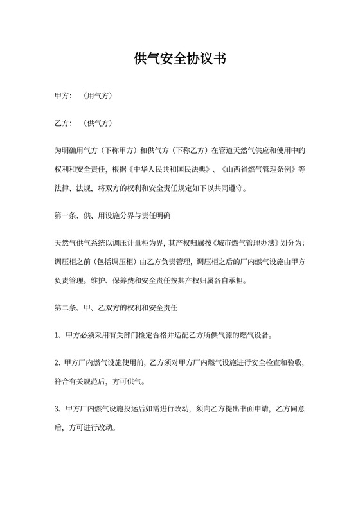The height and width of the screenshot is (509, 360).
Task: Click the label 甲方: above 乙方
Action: (x=63, y=96)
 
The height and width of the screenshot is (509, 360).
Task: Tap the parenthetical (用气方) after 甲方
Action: (x=98, y=96)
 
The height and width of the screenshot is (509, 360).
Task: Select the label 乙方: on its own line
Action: (x=63, y=123)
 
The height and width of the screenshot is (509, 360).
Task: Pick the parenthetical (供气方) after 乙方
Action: (x=98, y=123)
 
